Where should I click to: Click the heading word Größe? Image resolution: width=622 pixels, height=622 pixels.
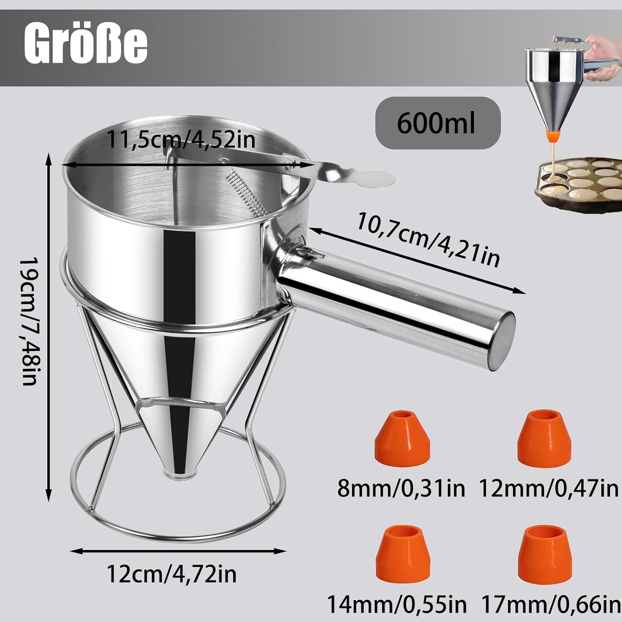(86, 45)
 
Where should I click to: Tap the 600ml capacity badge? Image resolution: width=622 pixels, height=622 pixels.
(437, 123)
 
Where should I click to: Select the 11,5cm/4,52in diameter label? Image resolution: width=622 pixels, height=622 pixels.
(181, 140)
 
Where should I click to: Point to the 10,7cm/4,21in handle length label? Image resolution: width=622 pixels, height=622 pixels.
(428, 239)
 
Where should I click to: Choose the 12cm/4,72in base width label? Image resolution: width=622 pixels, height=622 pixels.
(172, 574)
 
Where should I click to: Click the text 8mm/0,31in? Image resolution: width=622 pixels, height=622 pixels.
(401, 488)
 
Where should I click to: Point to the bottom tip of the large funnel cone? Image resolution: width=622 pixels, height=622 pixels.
(179, 473)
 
